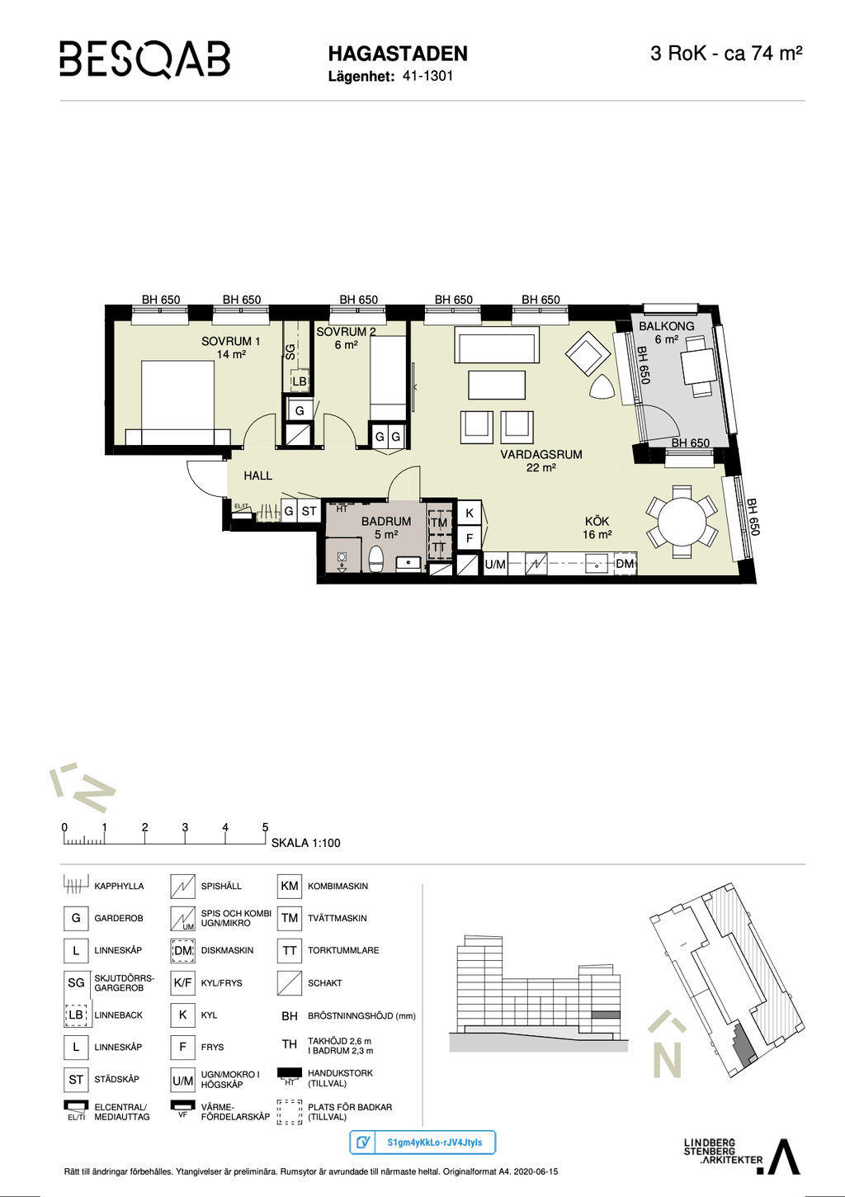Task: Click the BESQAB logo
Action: (x=144, y=59)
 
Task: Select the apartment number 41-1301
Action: (x=427, y=76)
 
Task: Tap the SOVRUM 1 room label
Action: (x=231, y=341)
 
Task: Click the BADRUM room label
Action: (x=386, y=521)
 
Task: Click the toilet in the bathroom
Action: (x=377, y=558)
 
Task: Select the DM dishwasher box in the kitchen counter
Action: (x=625, y=563)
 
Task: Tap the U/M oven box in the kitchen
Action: (x=495, y=564)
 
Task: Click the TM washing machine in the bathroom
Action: (x=439, y=523)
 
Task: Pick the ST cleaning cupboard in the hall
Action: (x=309, y=511)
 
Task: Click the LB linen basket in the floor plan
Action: (x=299, y=381)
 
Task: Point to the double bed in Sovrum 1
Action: (x=177, y=402)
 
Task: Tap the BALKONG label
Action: (x=667, y=326)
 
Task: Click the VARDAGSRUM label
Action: (x=541, y=455)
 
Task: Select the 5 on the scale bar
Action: (x=265, y=827)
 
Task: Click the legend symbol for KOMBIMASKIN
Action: (x=290, y=886)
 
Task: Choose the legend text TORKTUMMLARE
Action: (x=343, y=950)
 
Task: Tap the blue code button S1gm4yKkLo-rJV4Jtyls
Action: (x=422, y=1143)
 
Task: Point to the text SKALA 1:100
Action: (x=305, y=843)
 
